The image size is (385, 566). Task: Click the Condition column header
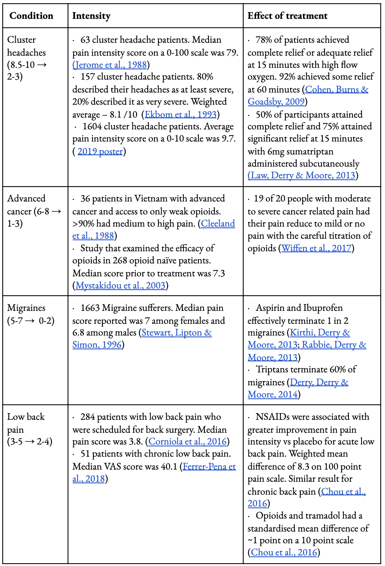pyautogui.click(x=31, y=16)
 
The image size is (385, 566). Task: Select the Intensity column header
pyautogui.click(x=91, y=16)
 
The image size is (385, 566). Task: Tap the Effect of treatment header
pyautogui.click(x=287, y=16)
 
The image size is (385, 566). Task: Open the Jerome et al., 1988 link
pyautogui.click(x=110, y=65)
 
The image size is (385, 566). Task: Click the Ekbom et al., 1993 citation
pyautogui.click(x=180, y=114)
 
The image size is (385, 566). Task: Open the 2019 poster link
pyautogui.click(x=100, y=151)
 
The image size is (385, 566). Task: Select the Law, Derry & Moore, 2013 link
pyautogui.click(x=302, y=175)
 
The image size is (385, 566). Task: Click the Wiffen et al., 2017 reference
pyautogui.click(x=316, y=248)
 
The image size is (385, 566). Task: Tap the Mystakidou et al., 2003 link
pyautogui.click(x=120, y=285)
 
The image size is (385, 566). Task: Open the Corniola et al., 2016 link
pyautogui.click(x=187, y=441)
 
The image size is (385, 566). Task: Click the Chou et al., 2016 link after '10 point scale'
pyautogui.click(x=284, y=552)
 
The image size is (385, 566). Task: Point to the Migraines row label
pyautogui.click(x=26, y=308)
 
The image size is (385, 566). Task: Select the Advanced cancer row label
pyautogui.click(x=26, y=198)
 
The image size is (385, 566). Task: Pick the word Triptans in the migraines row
pyautogui.click(x=272, y=369)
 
